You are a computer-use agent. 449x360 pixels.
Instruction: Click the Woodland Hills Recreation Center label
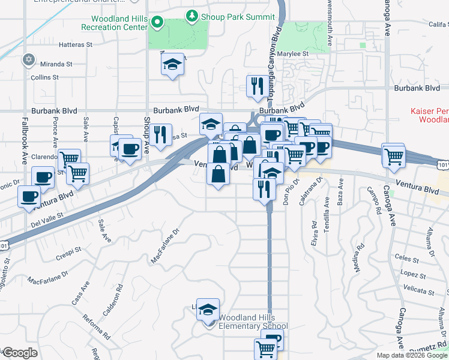tap(114, 23)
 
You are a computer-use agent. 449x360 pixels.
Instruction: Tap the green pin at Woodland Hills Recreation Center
tap(158, 23)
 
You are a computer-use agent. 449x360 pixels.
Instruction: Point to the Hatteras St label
tap(76, 44)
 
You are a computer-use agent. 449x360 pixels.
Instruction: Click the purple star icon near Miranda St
tap(28, 59)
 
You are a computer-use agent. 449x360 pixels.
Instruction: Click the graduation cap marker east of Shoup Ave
tap(172, 65)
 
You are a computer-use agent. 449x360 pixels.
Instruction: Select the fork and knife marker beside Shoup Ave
tap(160, 135)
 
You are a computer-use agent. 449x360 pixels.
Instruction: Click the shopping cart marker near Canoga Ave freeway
tap(394, 156)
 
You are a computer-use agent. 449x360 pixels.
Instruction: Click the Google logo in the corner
tap(19, 353)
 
